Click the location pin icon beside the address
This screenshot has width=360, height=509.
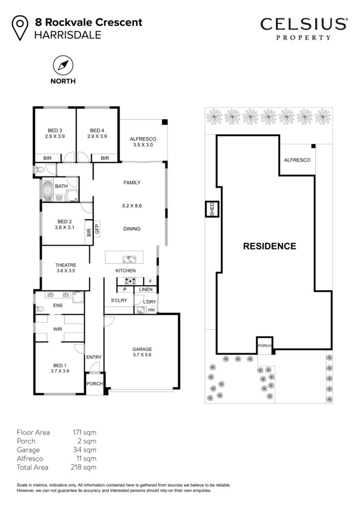[20, 28]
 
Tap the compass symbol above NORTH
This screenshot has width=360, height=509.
[63, 66]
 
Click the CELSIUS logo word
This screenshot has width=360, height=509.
[304, 24]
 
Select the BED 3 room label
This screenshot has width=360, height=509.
[55, 131]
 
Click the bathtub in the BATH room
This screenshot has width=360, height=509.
[47, 190]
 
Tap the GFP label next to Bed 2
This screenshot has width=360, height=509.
[97, 229]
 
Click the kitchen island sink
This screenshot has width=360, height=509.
[129, 259]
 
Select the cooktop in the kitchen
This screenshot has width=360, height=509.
[130, 281]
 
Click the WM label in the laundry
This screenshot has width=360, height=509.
[151, 310]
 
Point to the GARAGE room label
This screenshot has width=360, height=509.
[142, 349]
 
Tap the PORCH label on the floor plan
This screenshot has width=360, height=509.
[94, 384]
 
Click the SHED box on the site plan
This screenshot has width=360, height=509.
[212, 209]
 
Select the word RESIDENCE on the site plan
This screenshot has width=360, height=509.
[270, 246]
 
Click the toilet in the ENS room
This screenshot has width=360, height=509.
[39, 309]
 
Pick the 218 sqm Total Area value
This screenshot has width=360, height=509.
[84, 467]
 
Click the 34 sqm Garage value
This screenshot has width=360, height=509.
[85, 450]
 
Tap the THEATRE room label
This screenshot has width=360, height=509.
[66, 265]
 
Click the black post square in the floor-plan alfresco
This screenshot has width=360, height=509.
[165, 122]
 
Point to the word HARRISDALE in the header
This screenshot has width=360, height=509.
[68, 35]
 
